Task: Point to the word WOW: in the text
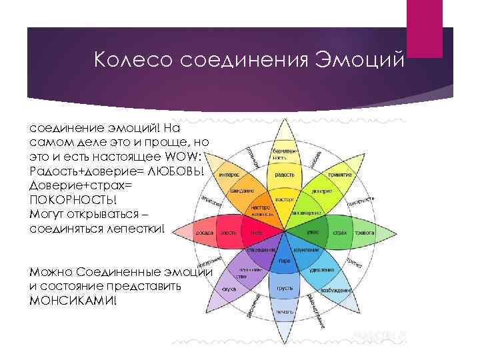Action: coord(189,155)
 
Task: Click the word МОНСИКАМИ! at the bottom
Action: coord(73,300)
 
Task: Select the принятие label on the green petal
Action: coord(339,175)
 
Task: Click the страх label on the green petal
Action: coord(340,233)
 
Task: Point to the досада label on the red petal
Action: coord(204,233)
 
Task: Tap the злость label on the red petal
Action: coord(229,233)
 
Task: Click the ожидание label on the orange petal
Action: coord(241,191)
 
